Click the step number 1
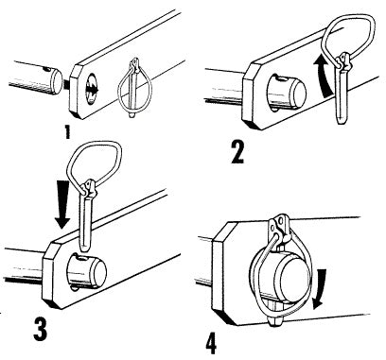pyautogui.click(x=67, y=132)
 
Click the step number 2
pyautogui.click(x=237, y=152)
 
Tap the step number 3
pyautogui.click(x=41, y=330)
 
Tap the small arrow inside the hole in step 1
pyautogui.click(x=93, y=89)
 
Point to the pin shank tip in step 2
pyautogui.click(x=340, y=121)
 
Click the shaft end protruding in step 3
pyautogui.click(x=86, y=271)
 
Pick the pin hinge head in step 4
pyautogui.click(x=280, y=228)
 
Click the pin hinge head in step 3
pyautogui.click(x=89, y=188)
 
